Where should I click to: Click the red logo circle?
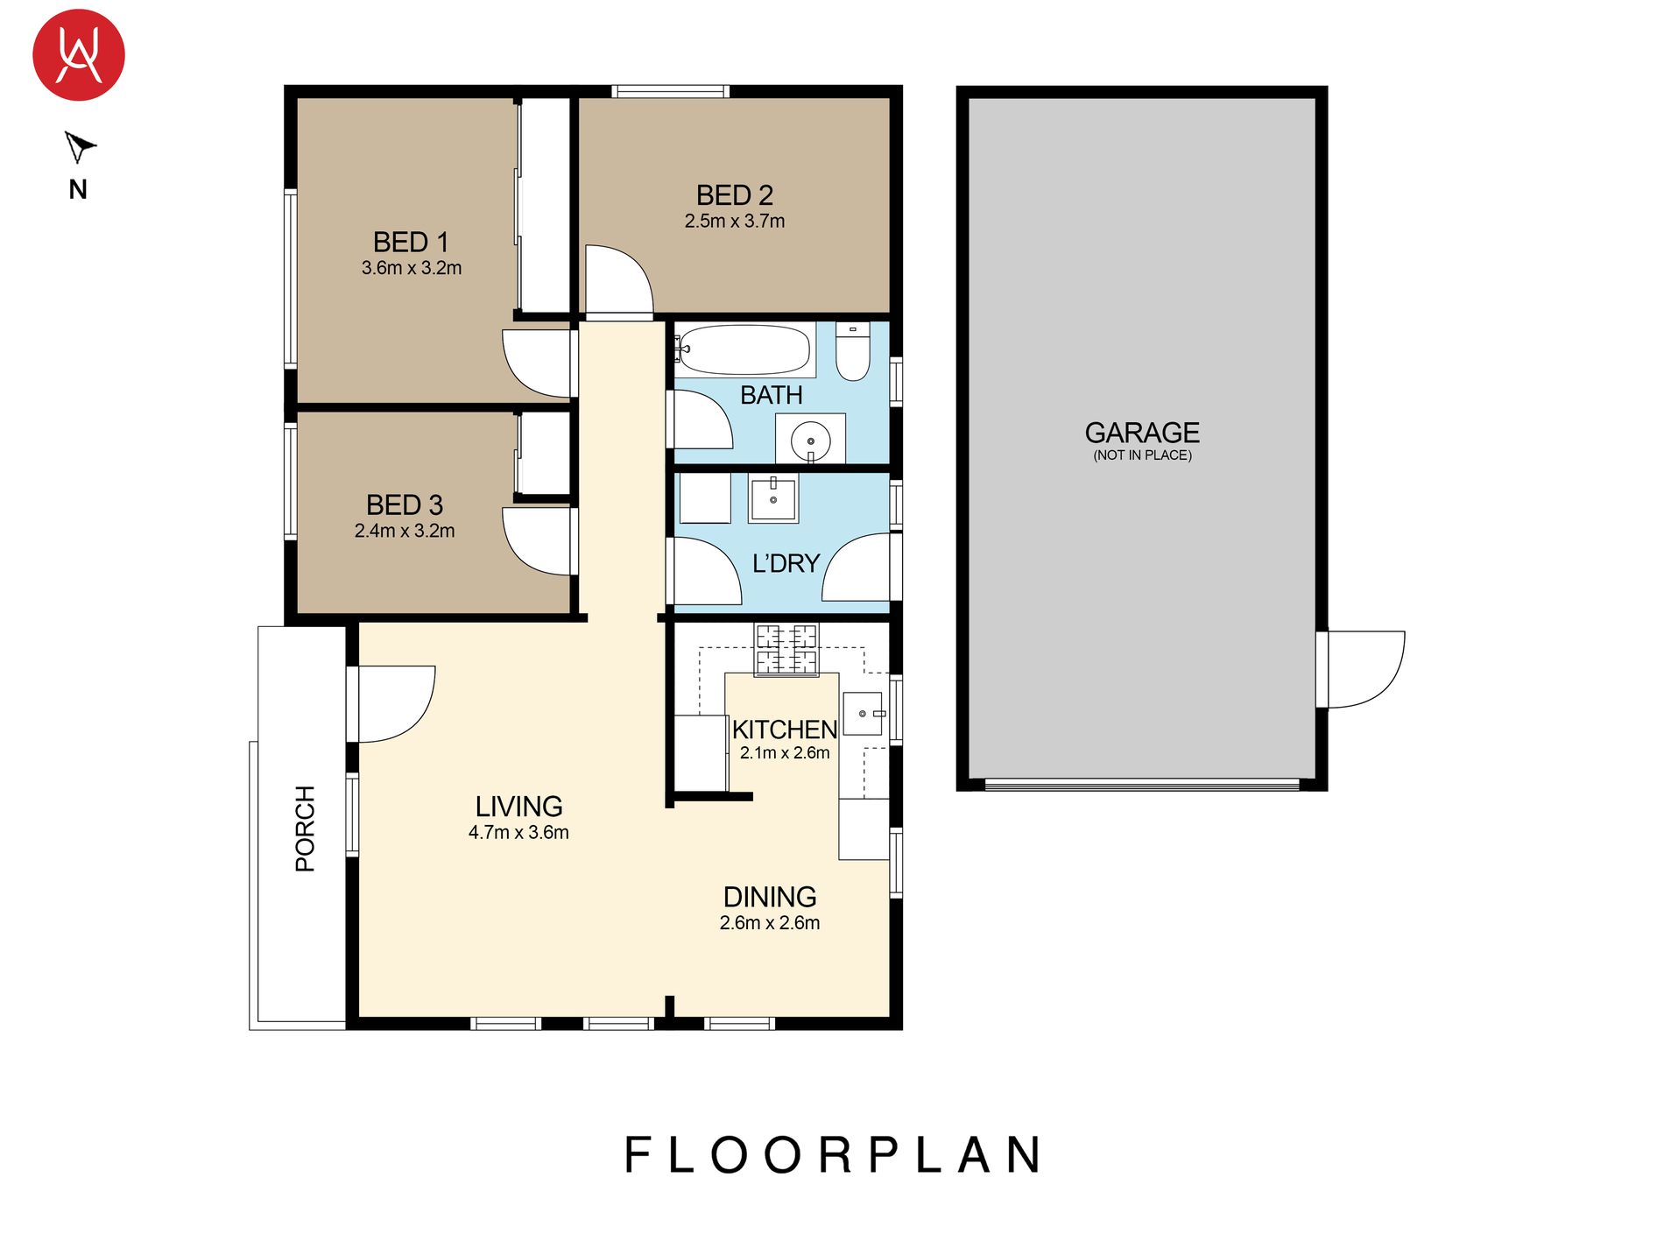tap(79, 55)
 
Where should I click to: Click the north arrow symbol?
tap(79, 146)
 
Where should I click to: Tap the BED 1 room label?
tap(411, 242)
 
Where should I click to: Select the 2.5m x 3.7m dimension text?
tap(734, 222)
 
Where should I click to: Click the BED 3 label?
tap(404, 505)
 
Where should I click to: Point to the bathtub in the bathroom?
tap(744, 349)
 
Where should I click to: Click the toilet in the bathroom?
tap(852, 352)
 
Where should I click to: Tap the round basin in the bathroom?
tap(810, 440)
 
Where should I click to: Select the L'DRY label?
tap(786, 563)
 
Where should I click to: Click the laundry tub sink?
tap(772, 499)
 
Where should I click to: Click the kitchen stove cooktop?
tap(786, 650)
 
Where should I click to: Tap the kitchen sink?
tap(863, 713)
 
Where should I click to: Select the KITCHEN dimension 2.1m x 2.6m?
tap(785, 753)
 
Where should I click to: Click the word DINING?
tap(770, 897)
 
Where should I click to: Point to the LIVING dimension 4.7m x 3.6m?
tap(518, 833)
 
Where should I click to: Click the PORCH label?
tap(305, 828)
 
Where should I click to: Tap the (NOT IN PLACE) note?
tap(1142, 455)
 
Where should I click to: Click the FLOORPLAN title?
tap(833, 1155)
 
